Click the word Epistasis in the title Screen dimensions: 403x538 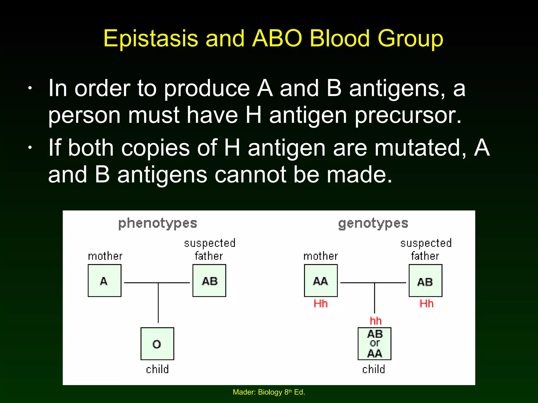(x=151, y=39)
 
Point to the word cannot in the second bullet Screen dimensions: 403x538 (x=250, y=175)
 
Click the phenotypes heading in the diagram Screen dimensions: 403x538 (x=158, y=224)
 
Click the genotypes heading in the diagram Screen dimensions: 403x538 (x=373, y=224)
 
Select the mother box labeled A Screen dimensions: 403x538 (x=105, y=280)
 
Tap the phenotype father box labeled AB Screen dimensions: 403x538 (x=209, y=280)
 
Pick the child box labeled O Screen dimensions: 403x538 (x=157, y=344)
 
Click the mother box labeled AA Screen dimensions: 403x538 (x=321, y=280)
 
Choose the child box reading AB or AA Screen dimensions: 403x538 (x=374, y=344)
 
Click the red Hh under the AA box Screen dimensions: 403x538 (x=321, y=304)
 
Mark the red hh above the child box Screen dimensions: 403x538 (x=375, y=321)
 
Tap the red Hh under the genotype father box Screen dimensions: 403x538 (x=426, y=304)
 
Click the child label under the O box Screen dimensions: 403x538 (x=157, y=369)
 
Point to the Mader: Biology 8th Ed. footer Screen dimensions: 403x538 (x=269, y=392)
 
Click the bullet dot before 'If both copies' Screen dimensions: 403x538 (x=30, y=148)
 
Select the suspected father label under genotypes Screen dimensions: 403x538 (x=426, y=249)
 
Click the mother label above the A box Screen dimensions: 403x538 (x=105, y=256)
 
